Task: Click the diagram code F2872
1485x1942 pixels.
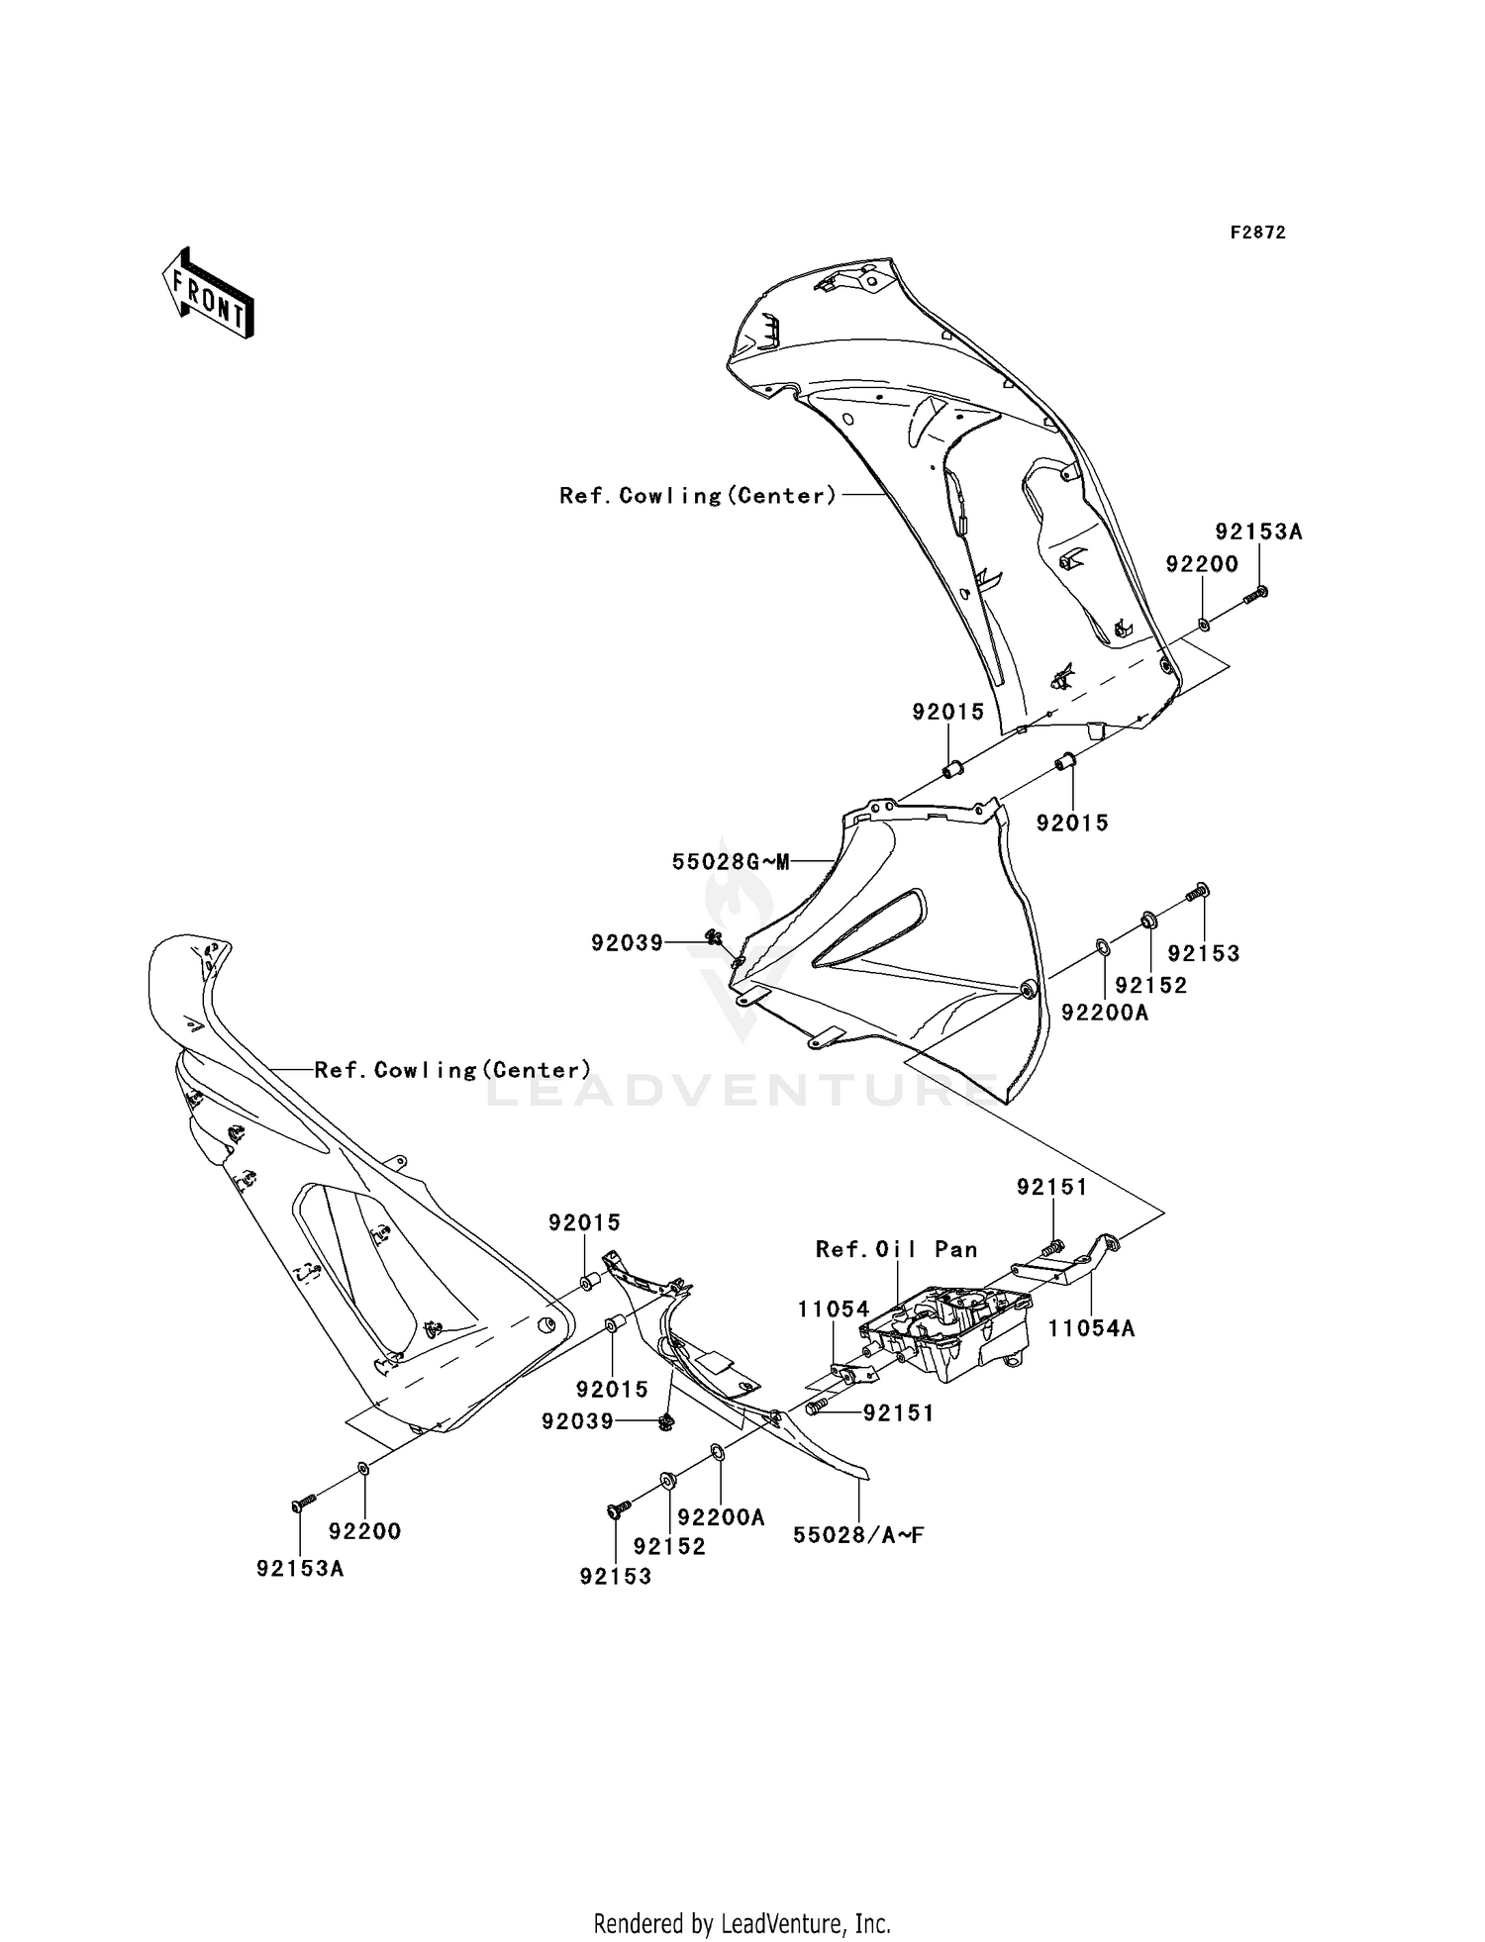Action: pyautogui.click(x=1257, y=233)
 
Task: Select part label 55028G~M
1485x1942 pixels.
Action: pyautogui.click(x=731, y=862)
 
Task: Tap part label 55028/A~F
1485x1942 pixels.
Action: pyautogui.click(x=858, y=1535)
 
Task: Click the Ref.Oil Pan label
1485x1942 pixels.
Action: pyautogui.click(x=896, y=1249)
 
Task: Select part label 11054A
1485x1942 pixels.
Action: pyautogui.click(x=1091, y=1329)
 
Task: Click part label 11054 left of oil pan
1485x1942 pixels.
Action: pyautogui.click(x=834, y=1310)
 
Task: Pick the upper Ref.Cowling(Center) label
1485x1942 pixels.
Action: pyautogui.click(x=698, y=496)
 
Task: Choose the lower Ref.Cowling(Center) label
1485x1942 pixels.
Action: pyautogui.click(x=452, y=1070)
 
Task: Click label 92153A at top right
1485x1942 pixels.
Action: pyautogui.click(x=1258, y=532)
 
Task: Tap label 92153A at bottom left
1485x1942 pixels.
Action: pyautogui.click(x=300, y=1569)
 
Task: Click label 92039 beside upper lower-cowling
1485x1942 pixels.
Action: pyautogui.click(x=627, y=943)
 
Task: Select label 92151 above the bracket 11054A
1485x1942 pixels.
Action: pyautogui.click(x=1051, y=1187)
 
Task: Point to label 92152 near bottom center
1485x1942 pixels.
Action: pyautogui.click(x=669, y=1546)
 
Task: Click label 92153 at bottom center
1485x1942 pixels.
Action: pyautogui.click(x=616, y=1577)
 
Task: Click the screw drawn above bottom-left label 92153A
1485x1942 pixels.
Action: pyautogui.click(x=303, y=1503)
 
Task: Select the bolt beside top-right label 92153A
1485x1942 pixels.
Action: pyautogui.click(x=1254, y=595)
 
